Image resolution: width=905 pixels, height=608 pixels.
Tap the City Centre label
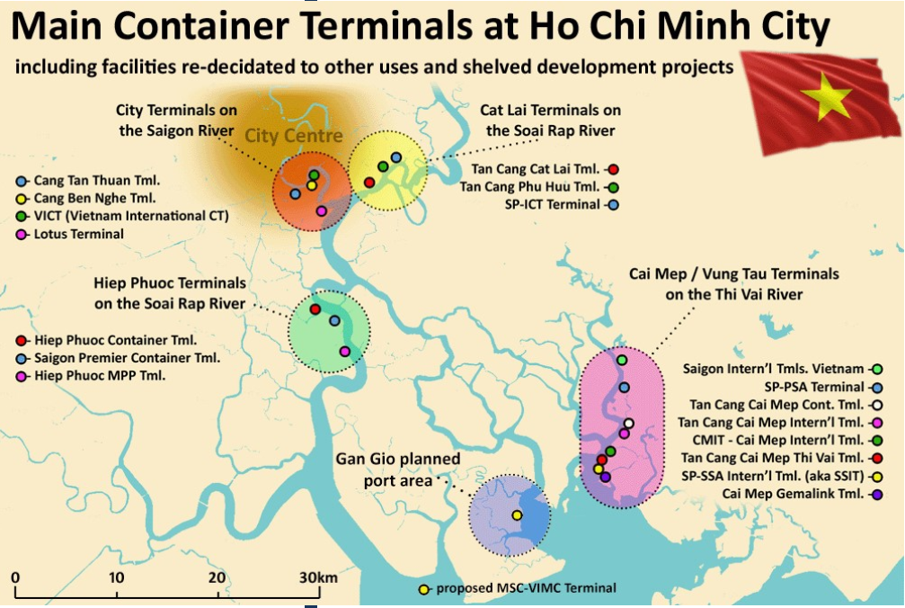point(294,136)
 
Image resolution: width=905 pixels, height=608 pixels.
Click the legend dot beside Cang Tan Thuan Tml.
point(22,181)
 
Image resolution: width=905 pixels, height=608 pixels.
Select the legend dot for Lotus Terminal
point(22,234)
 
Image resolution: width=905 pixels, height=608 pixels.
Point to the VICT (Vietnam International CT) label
point(131,216)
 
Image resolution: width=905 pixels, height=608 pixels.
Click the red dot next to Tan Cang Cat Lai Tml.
point(613,168)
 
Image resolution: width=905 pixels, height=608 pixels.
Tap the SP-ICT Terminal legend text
point(552,204)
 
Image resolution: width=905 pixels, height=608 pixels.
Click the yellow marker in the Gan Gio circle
point(517,515)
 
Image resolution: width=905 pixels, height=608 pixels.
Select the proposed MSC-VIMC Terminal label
point(526,588)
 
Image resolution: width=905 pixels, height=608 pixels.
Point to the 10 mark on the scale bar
point(117,577)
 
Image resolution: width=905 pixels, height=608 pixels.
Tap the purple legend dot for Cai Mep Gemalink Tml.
point(876,494)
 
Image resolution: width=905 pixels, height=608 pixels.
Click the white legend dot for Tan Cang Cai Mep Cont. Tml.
point(876,405)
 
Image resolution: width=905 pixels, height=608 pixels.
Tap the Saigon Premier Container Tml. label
point(127,358)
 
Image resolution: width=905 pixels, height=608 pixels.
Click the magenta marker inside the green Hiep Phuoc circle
point(344,351)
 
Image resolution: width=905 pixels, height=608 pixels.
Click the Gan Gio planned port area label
point(398,469)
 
